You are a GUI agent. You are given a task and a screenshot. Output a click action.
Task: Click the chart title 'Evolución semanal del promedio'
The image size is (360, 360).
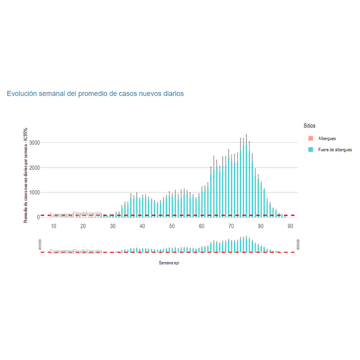click(x=95, y=94)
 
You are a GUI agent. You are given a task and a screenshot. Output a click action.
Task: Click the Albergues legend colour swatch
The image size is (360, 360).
click(x=311, y=138)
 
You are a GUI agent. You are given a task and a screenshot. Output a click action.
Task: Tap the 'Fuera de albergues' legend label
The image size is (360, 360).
click(x=335, y=150)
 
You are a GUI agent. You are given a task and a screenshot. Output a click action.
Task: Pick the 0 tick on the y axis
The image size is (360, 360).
click(x=37, y=217)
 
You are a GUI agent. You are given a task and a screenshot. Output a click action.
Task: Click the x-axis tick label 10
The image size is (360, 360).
click(x=53, y=226)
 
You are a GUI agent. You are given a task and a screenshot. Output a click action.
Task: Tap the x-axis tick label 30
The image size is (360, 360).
click(x=113, y=226)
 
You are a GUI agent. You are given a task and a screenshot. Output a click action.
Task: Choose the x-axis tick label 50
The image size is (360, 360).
click(x=172, y=226)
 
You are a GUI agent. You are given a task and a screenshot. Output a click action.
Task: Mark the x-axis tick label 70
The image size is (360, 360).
click(x=231, y=226)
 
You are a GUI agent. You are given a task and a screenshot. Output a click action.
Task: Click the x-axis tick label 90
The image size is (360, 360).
click(x=290, y=226)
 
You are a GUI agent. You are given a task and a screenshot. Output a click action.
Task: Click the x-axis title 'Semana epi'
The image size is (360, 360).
click(x=169, y=263)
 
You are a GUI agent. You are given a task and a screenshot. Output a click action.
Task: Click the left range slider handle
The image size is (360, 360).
click(x=40, y=245)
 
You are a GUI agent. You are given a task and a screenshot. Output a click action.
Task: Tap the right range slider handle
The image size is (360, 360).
click(x=298, y=245)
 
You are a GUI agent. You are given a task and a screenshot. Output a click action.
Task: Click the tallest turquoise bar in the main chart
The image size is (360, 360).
click(x=246, y=182)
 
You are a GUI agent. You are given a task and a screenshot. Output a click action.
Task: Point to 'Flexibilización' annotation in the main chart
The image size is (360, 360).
click(x=87, y=214)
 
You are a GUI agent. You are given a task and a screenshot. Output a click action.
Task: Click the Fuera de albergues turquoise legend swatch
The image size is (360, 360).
click(x=311, y=149)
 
